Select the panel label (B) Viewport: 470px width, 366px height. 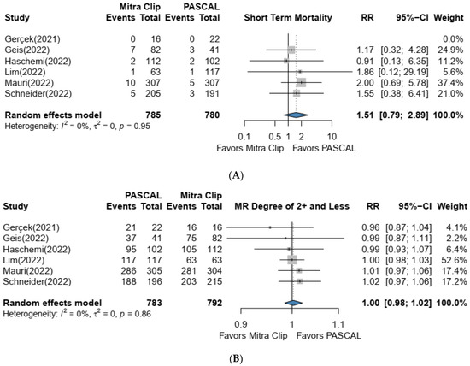tap(235, 360)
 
